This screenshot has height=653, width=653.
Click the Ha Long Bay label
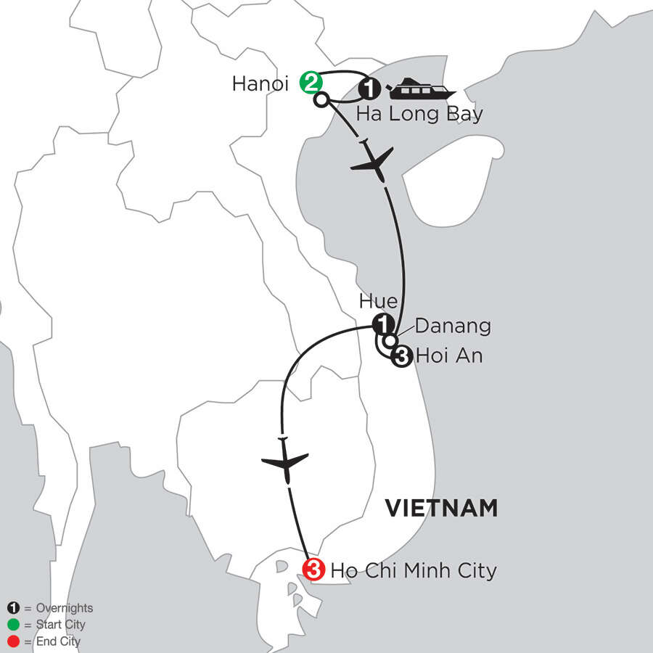[x=419, y=115]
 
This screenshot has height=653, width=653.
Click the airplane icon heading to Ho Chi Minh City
[x=284, y=461]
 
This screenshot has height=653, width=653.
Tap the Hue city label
[x=373, y=301]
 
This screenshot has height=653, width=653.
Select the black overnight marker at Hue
[x=382, y=324]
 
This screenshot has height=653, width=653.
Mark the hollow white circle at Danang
[x=390, y=340]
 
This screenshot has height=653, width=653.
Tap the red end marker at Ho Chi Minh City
[x=313, y=570]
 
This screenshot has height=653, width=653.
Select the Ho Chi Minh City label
[x=414, y=570]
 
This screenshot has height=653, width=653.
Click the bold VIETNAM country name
[x=441, y=508]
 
